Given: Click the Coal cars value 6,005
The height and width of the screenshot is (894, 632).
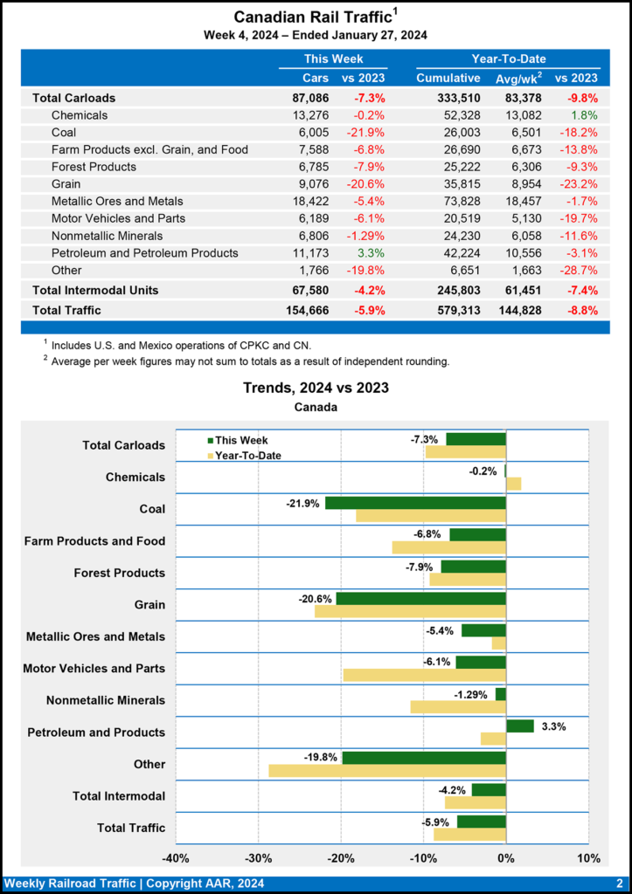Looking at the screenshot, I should pyautogui.click(x=312, y=132).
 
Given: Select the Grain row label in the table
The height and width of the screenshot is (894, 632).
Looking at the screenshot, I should pyautogui.click(x=66, y=183).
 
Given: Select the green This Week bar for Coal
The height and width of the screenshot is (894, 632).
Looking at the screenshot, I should pyautogui.click(x=415, y=503).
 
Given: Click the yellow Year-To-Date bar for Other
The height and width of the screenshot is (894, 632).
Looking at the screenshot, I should pyautogui.click(x=387, y=771).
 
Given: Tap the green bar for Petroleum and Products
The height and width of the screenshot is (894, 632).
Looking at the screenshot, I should pyautogui.click(x=520, y=726).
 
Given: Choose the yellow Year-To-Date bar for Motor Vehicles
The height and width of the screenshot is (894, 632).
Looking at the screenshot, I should pyautogui.click(x=425, y=675).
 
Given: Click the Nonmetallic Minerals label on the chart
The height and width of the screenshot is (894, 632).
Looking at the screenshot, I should pyautogui.click(x=105, y=700).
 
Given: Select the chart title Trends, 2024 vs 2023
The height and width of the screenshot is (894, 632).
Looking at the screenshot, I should pyautogui.click(x=316, y=388).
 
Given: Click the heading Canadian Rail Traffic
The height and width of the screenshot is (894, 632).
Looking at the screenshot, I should pyautogui.click(x=310, y=17).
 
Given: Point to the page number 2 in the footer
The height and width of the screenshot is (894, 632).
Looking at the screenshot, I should pyautogui.click(x=619, y=884).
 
